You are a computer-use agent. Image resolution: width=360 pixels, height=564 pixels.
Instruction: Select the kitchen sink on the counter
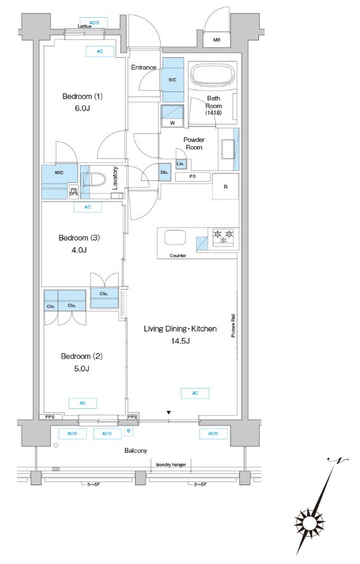click(175, 238)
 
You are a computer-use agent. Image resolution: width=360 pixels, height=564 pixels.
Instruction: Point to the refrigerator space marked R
click(225, 187)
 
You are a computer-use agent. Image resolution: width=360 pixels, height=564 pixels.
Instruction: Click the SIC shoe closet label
click(172, 80)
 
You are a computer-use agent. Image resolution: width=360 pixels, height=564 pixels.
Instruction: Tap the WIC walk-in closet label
click(59, 173)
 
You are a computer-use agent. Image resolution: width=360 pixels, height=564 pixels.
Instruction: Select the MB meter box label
click(217, 40)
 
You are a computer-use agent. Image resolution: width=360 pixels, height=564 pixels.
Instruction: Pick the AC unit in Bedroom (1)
click(100, 51)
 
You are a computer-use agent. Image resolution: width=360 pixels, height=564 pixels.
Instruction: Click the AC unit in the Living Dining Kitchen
click(195, 393)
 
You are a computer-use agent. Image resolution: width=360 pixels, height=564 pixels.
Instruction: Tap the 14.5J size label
click(180, 340)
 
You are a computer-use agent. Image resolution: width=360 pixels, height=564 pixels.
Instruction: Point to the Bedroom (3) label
click(79, 238)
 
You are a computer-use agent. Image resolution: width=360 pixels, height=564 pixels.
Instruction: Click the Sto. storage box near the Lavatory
click(164, 172)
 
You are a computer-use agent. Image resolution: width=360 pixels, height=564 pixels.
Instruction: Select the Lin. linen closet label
click(180, 164)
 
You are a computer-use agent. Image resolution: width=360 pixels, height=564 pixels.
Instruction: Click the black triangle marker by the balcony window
click(168, 413)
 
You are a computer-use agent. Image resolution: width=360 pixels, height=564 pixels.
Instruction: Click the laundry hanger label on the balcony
click(171, 465)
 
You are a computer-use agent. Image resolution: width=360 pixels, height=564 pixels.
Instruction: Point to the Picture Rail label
click(233, 325)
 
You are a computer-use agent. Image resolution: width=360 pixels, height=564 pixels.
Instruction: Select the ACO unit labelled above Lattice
click(94, 23)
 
